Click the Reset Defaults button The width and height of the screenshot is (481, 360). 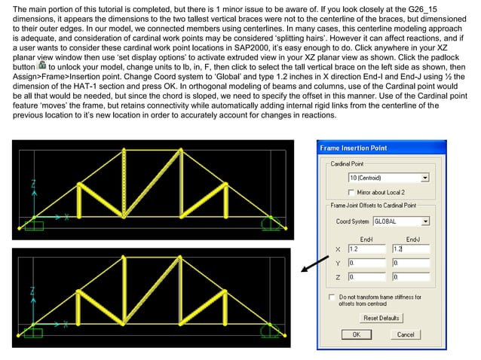pos(381,319)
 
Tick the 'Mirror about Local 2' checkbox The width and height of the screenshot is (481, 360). pos(351,192)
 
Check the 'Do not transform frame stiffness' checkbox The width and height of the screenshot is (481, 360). pos(332,297)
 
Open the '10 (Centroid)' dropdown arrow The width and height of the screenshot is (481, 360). pos(424,178)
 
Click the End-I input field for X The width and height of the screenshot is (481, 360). pos(363,249)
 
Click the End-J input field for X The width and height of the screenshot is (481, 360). pos(411,249)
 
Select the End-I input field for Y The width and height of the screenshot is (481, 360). pos(363,263)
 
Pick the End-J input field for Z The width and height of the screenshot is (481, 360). pos(411,278)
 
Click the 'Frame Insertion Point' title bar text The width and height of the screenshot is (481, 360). pos(354,148)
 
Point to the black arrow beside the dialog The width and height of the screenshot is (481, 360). pos(308,266)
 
